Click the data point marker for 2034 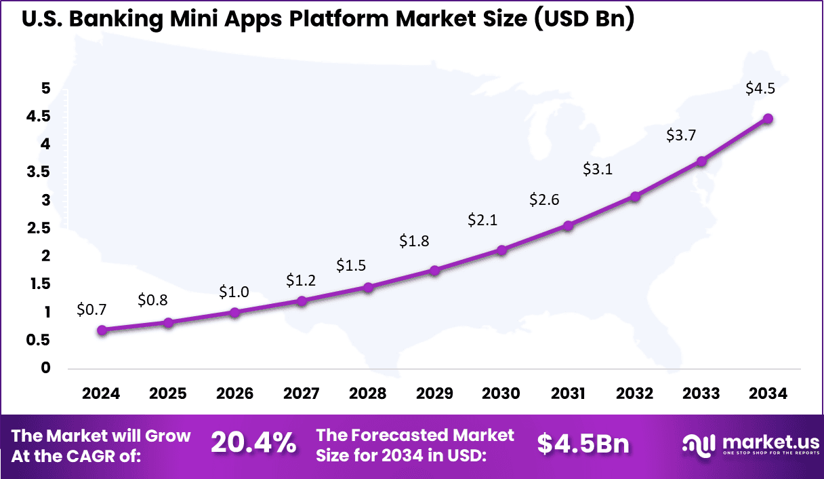click(768, 119)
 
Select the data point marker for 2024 click(102, 330)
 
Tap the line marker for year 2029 click(435, 270)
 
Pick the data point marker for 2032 click(635, 197)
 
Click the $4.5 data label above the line click(760, 88)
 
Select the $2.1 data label click(482, 220)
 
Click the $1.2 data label click(300, 280)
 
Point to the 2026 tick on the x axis click(234, 394)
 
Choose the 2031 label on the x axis click(568, 394)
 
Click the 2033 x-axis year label click(701, 394)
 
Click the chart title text click(329, 19)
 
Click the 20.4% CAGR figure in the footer click(253, 443)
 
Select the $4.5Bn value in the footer click(583, 443)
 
